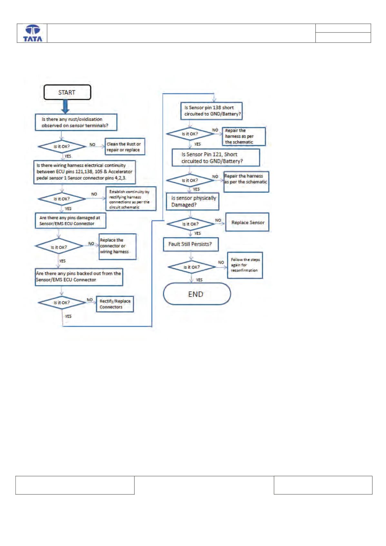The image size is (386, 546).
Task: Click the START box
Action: click(x=67, y=92)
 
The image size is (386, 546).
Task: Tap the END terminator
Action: click(x=197, y=294)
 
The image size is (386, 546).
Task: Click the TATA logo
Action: click(x=33, y=33)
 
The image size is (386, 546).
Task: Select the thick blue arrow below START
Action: click(x=65, y=106)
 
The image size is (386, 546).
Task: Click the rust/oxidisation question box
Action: click(x=76, y=122)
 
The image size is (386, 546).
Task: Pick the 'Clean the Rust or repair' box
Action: click(x=125, y=146)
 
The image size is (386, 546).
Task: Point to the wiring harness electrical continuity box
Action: click(x=84, y=172)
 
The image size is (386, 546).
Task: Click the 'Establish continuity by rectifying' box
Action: click(x=131, y=199)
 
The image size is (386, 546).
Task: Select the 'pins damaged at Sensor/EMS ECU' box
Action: click(x=70, y=221)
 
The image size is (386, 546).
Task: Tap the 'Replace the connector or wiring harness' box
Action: click(x=117, y=246)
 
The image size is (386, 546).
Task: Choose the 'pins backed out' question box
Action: click(x=79, y=277)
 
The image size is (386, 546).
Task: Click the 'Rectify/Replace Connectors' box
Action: click(x=115, y=304)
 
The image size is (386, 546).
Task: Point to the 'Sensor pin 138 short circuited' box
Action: click(x=211, y=111)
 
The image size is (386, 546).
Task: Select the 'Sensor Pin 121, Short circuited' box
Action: click(x=216, y=158)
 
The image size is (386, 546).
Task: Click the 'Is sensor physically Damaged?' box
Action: click(x=193, y=202)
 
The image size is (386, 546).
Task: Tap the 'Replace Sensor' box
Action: click(x=247, y=222)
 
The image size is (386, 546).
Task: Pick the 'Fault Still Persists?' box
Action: click(x=191, y=244)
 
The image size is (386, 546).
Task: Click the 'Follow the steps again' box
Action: click(x=245, y=265)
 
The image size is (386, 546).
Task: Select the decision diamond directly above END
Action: click(x=192, y=267)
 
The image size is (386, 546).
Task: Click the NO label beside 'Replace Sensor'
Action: click(x=218, y=220)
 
